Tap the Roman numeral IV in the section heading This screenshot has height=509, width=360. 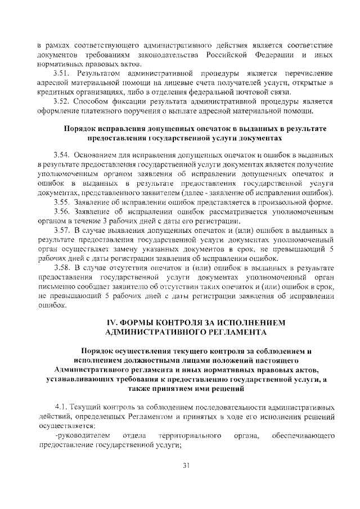point(112,323)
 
